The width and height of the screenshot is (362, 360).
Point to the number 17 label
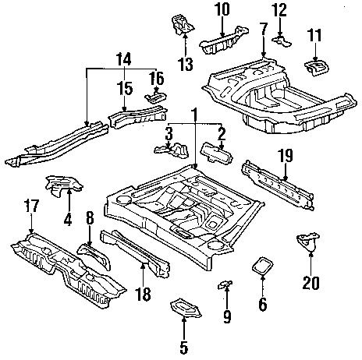click(x=30, y=208)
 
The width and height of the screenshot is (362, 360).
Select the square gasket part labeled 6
click(x=261, y=267)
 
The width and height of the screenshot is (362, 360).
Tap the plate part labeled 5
click(x=183, y=306)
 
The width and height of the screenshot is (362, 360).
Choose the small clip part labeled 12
click(x=279, y=37)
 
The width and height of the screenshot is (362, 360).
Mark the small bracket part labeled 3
click(x=178, y=146)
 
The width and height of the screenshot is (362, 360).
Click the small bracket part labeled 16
click(x=154, y=96)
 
